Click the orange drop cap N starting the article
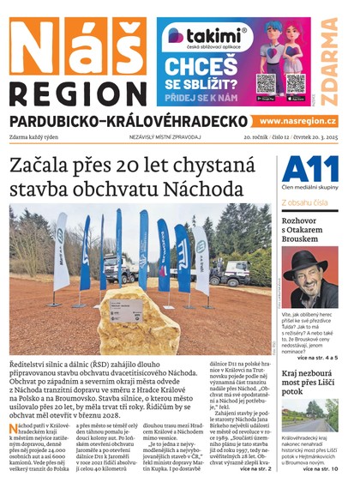pyautogui.click(x=14, y=427)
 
